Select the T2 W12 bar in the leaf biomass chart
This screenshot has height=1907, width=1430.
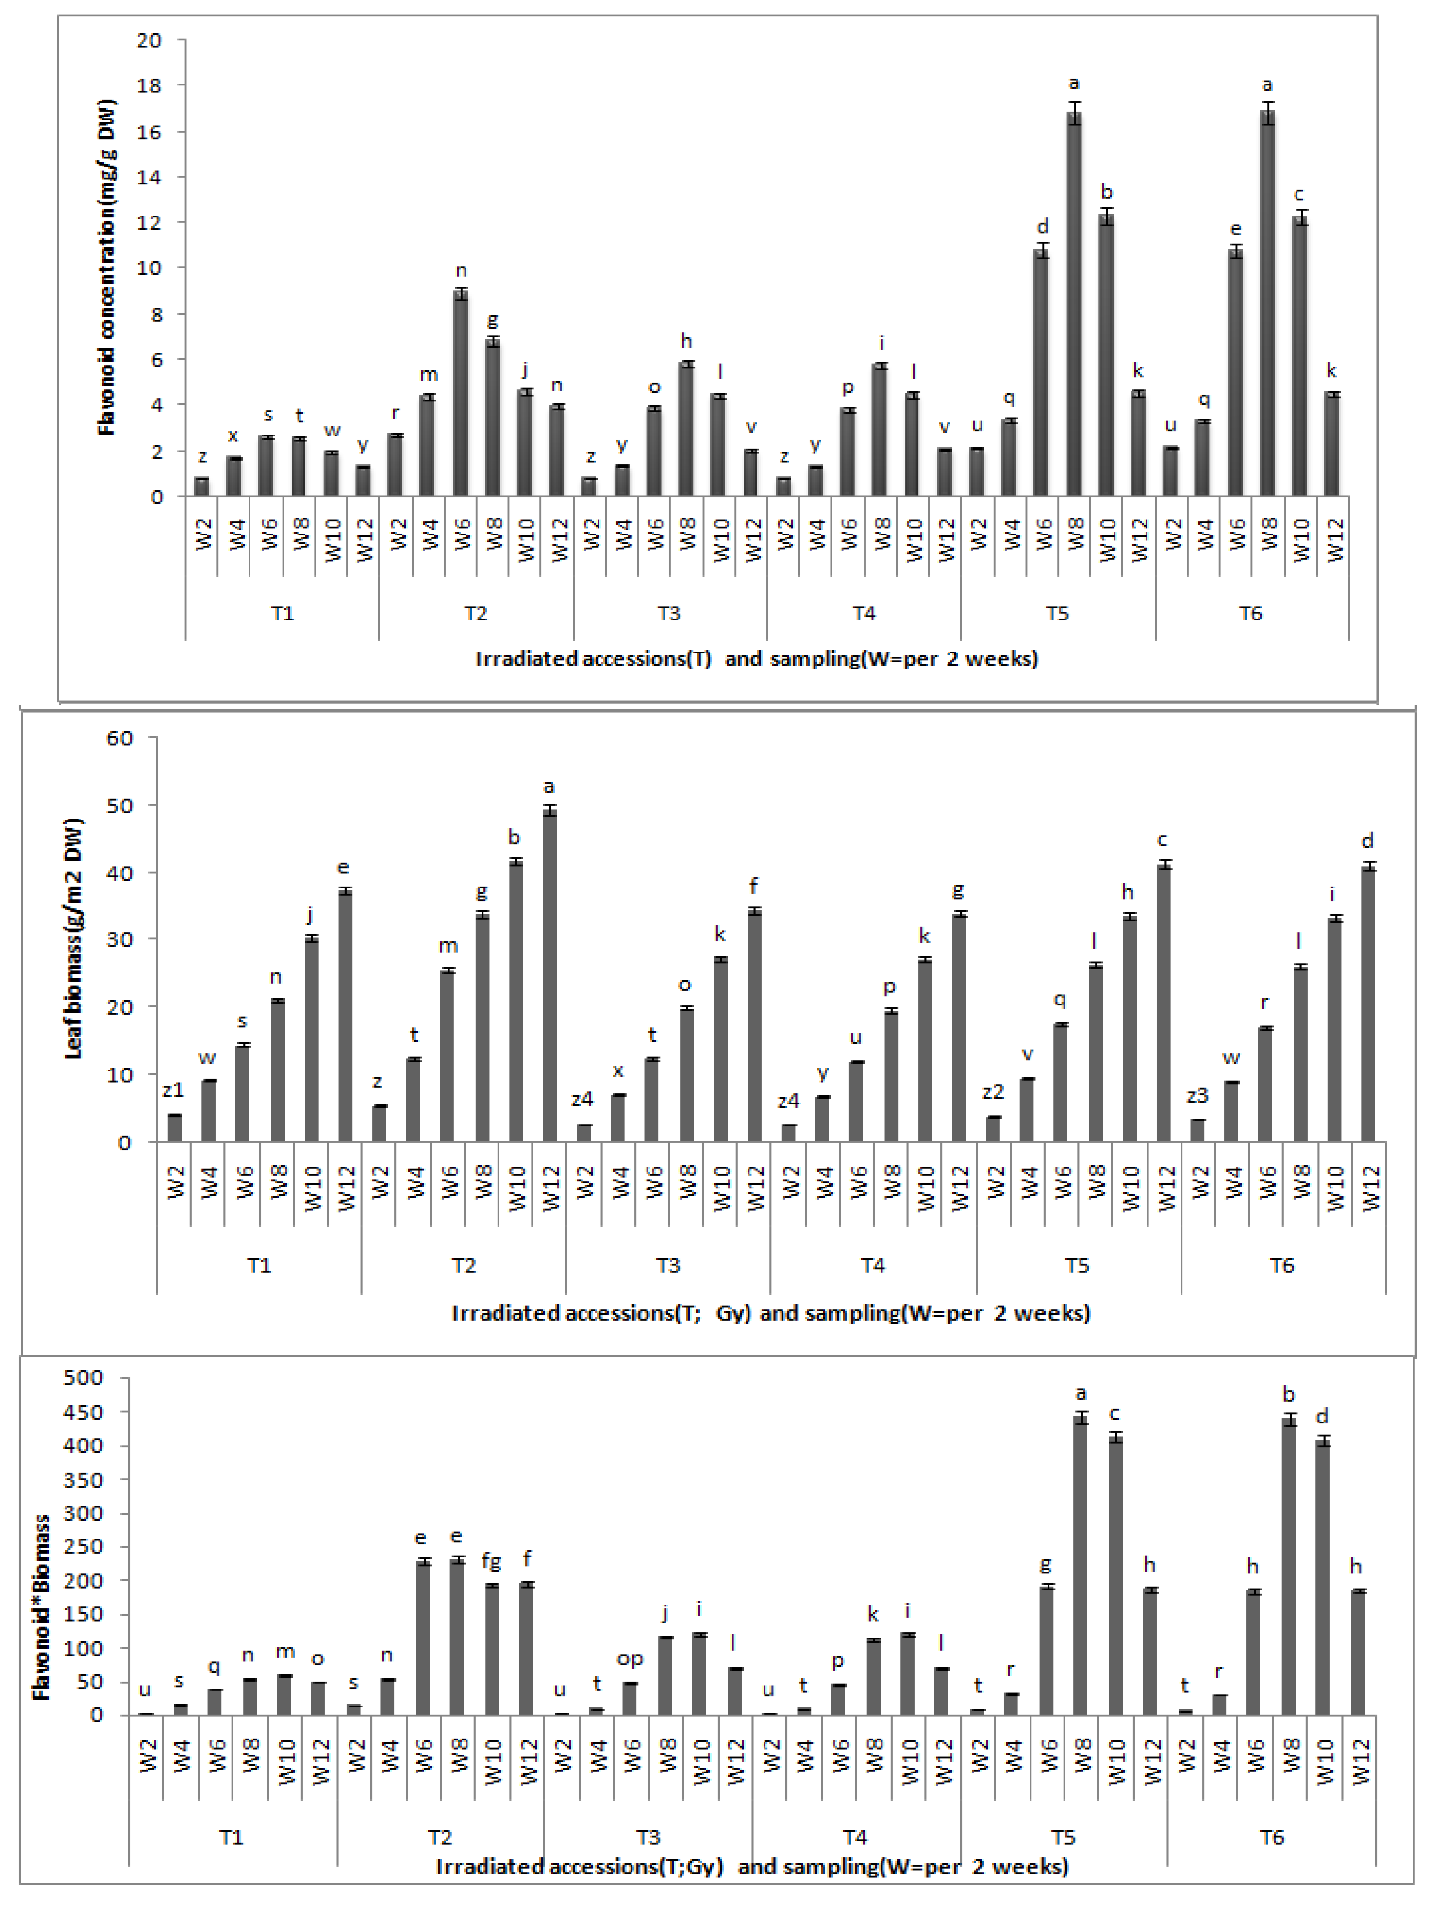(x=549, y=974)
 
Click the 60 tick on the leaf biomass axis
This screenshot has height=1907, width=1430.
(x=121, y=738)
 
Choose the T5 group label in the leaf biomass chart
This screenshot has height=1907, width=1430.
(x=1078, y=1266)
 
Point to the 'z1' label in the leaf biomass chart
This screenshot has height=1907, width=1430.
(x=173, y=1090)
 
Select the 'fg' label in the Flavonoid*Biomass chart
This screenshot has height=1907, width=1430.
(x=491, y=1559)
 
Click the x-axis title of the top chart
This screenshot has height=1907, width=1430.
(x=756, y=659)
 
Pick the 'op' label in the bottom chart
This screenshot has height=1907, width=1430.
(x=630, y=1659)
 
